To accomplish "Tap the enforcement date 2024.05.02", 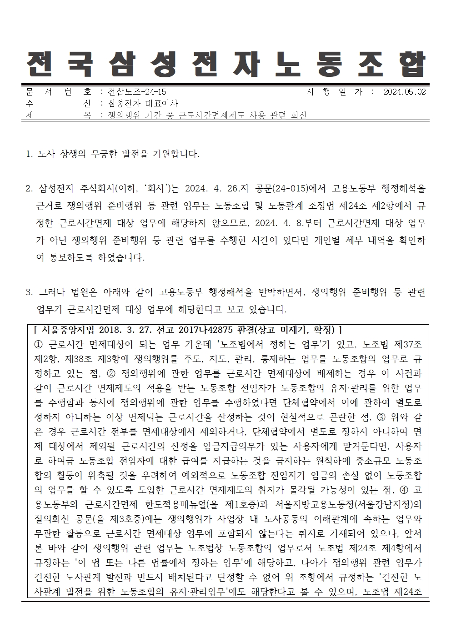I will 404,92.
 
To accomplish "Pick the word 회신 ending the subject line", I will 297,116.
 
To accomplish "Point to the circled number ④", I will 403,490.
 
